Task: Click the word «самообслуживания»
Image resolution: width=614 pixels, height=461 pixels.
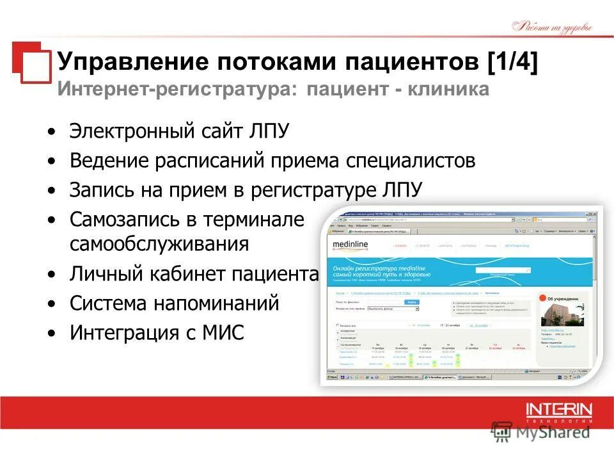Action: tap(159, 245)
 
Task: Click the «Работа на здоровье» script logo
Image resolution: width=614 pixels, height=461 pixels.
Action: tap(553, 27)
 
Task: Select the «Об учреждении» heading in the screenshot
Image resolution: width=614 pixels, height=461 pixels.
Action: tap(565, 298)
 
